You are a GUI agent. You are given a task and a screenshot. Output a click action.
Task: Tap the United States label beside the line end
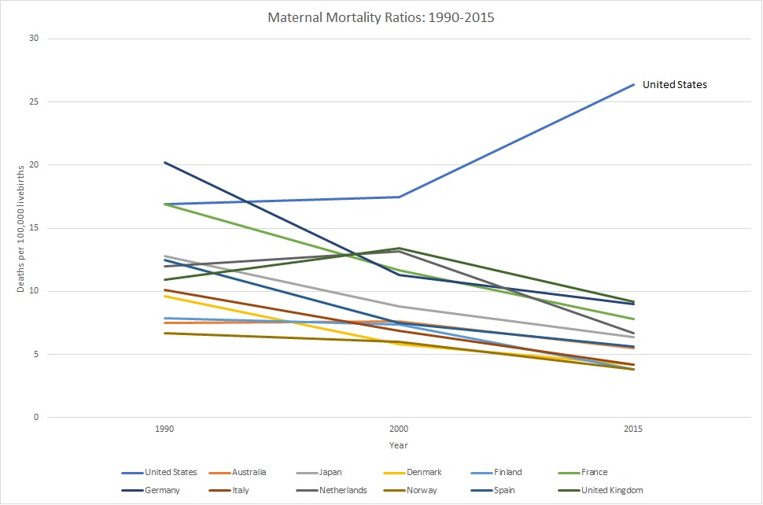675,85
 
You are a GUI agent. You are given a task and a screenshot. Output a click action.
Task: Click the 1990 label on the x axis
165,429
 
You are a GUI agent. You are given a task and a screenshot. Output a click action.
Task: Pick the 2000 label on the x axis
399,429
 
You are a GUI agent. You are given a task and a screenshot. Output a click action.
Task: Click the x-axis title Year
399,445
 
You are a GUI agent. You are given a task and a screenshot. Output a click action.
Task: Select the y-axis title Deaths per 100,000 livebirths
21,228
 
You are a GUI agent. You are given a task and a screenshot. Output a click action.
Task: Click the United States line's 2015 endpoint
634,84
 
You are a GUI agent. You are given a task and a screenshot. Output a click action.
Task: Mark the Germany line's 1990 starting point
165,162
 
